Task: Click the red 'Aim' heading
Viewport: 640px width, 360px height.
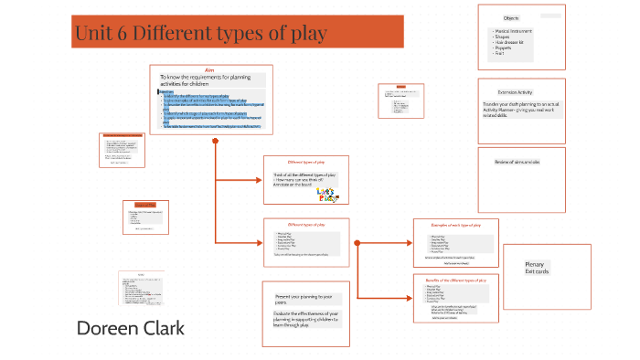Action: point(208,69)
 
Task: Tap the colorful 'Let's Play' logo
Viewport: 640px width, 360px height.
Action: point(325,196)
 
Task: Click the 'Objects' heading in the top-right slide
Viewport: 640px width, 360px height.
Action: point(512,18)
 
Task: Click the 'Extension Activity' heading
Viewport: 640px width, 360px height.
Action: point(515,92)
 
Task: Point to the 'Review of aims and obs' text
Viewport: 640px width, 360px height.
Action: point(517,162)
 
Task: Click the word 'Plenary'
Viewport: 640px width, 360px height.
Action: point(535,264)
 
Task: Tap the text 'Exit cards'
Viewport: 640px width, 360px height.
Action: point(535,272)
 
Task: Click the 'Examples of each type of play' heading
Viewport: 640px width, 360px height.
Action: point(455,224)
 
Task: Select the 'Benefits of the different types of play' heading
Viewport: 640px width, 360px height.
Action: point(455,279)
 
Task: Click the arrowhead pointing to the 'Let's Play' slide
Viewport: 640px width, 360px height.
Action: point(261,179)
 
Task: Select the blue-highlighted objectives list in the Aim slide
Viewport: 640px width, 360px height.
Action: point(210,110)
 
